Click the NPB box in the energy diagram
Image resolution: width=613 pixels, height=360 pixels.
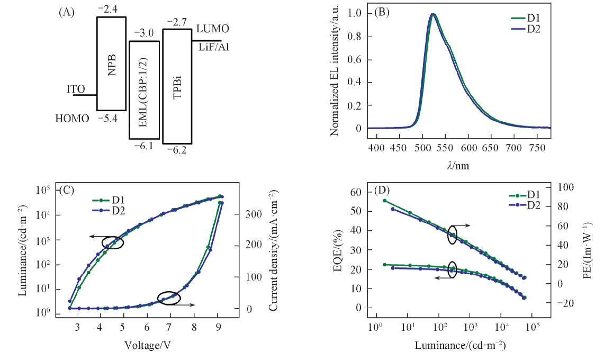[x=111, y=64]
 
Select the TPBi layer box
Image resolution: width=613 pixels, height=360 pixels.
[x=177, y=86]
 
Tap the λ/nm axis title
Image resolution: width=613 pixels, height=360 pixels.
[x=457, y=165]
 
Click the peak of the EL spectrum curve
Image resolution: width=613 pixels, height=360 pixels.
[x=433, y=14]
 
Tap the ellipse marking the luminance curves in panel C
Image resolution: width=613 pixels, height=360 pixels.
[x=113, y=242]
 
